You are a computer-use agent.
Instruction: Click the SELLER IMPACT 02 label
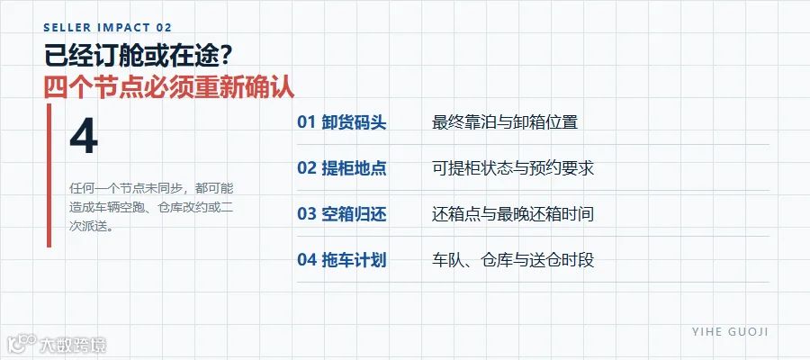pyautogui.click(x=108, y=28)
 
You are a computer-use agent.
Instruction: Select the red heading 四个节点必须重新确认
pyautogui.click(x=169, y=87)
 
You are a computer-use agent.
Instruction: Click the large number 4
pyautogui.click(x=84, y=137)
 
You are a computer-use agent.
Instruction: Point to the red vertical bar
pyautogui.click(x=49, y=175)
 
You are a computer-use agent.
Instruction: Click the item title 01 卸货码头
pyautogui.click(x=341, y=122)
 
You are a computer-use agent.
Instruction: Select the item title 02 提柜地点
pyautogui.click(x=341, y=168)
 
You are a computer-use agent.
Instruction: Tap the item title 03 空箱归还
pyautogui.click(x=341, y=214)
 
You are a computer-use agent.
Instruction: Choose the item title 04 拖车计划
pyautogui.click(x=341, y=260)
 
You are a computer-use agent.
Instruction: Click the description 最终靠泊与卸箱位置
pyautogui.click(x=505, y=122)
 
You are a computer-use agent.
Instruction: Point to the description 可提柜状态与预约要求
pyautogui.click(x=513, y=168)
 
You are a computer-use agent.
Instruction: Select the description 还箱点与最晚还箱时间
pyautogui.click(x=513, y=214)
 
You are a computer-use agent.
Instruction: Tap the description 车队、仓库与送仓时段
pyautogui.click(x=513, y=260)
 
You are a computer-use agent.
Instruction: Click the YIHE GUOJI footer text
pyautogui.click(x=730, y=331)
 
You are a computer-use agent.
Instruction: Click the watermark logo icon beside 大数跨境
pyautogui.click(x=22, y=344)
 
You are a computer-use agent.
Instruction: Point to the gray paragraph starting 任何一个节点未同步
pyautogui.click(x=151, y=207)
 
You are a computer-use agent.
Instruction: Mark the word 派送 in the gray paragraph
pyautogui.click(x=94, y=227)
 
